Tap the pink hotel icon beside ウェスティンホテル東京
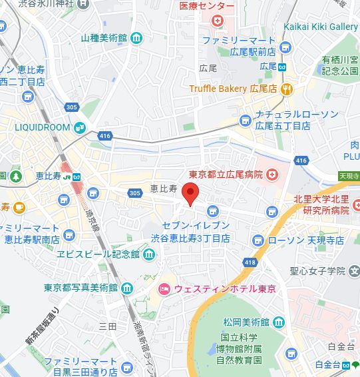[x=163, y=288]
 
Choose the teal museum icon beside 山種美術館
[x=136, y=38]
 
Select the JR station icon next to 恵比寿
[x=77, y=177]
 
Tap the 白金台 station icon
[x=352, y=364]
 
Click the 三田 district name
[x=107, y=326]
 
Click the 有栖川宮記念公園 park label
[x=339, y=66]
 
